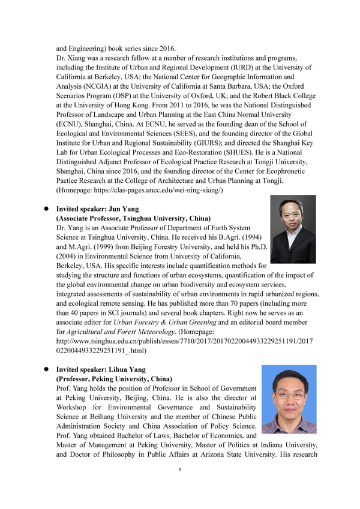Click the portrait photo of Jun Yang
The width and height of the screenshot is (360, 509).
(x=293, y=233)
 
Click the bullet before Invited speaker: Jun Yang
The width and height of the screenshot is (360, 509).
(x=44, y=210)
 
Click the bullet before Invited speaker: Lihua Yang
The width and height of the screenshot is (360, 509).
(x=44, y=370)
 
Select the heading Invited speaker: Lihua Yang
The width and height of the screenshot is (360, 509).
(x=99, y=370)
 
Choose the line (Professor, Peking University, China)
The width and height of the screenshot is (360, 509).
(x=114, y=380)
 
